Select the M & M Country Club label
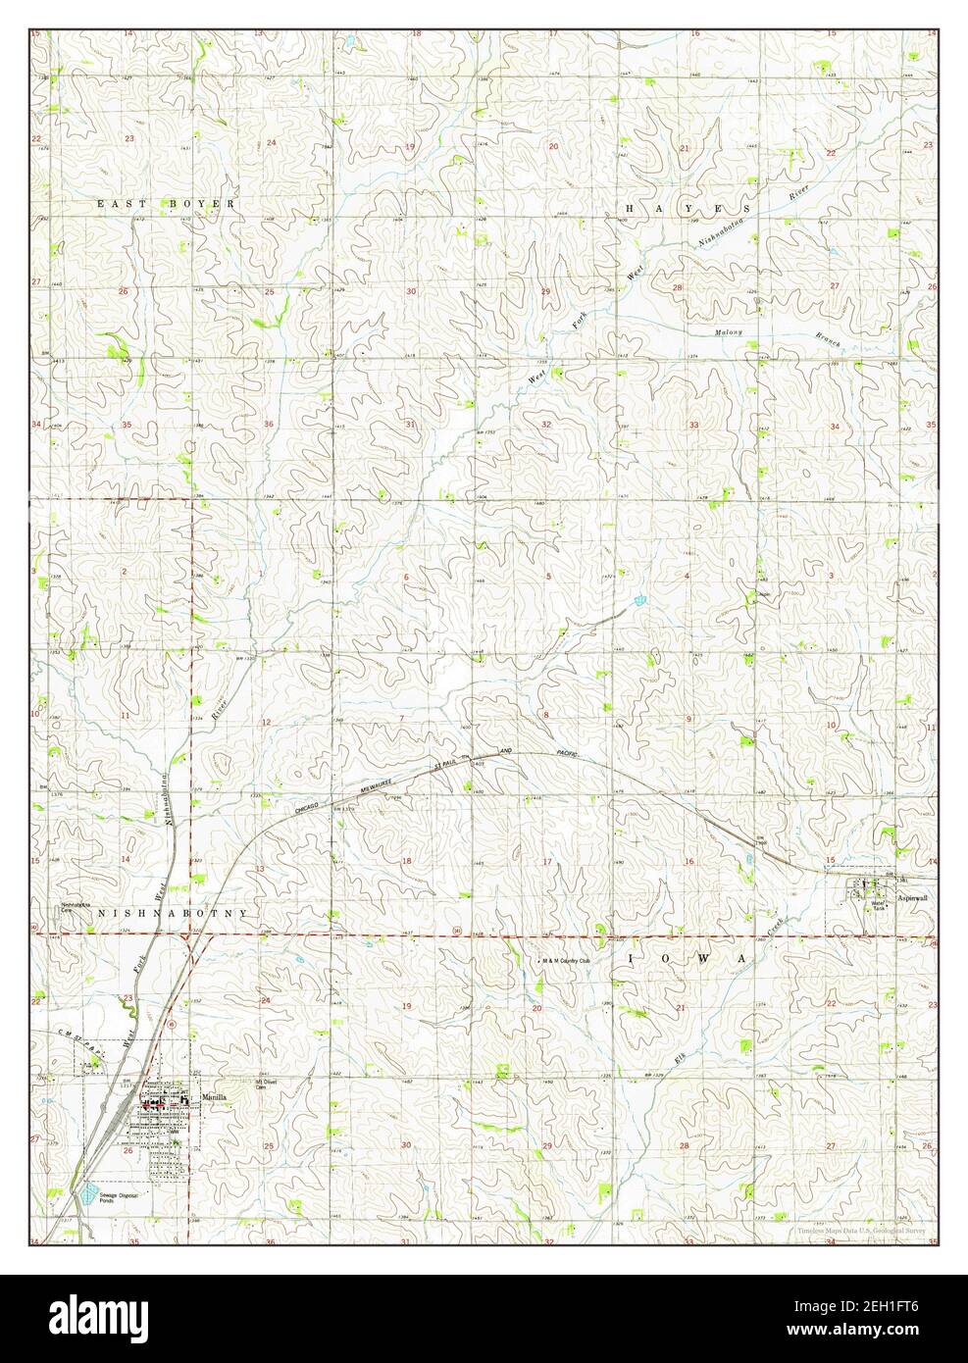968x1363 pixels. pos(567,961)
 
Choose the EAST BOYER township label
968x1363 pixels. pos(166,204)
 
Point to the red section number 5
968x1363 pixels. pos(548,576)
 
